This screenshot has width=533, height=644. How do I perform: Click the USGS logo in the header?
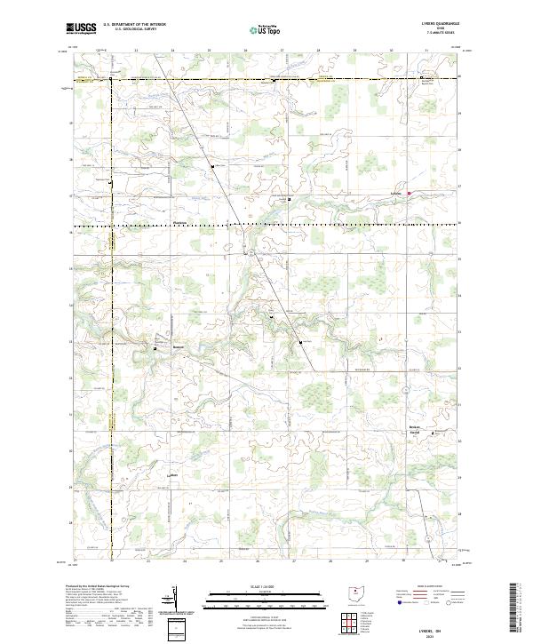pyautogui.click(x=82, y=29)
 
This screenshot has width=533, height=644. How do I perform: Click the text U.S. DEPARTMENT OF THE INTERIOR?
pyautogui.click(x=134, y=25)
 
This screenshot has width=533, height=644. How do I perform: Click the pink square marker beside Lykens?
pyautogui.click(x=410, y=193)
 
